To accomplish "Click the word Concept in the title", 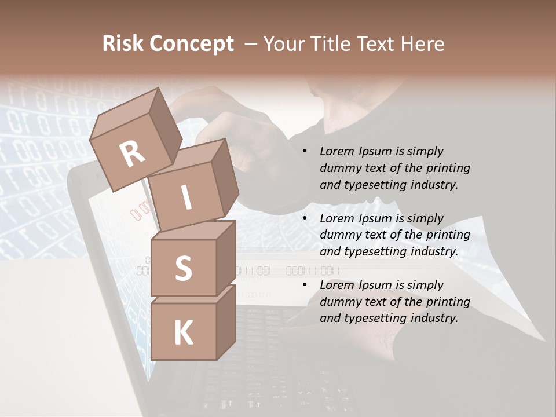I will pyautogui.click(x=191, y=45).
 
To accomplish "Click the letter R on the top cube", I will pyautogui.click(x=133, y=154).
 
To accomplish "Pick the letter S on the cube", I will pyautogui.click(x=183, y=268).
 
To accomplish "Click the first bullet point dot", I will pyautogui.click(x=305, y=151).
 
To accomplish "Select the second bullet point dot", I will pyautogui.click(x=305, y=218).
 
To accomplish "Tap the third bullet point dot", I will pyautogui.click(x=305, y=285).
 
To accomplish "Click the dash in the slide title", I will pyautogui.click(x=251, y=44).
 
